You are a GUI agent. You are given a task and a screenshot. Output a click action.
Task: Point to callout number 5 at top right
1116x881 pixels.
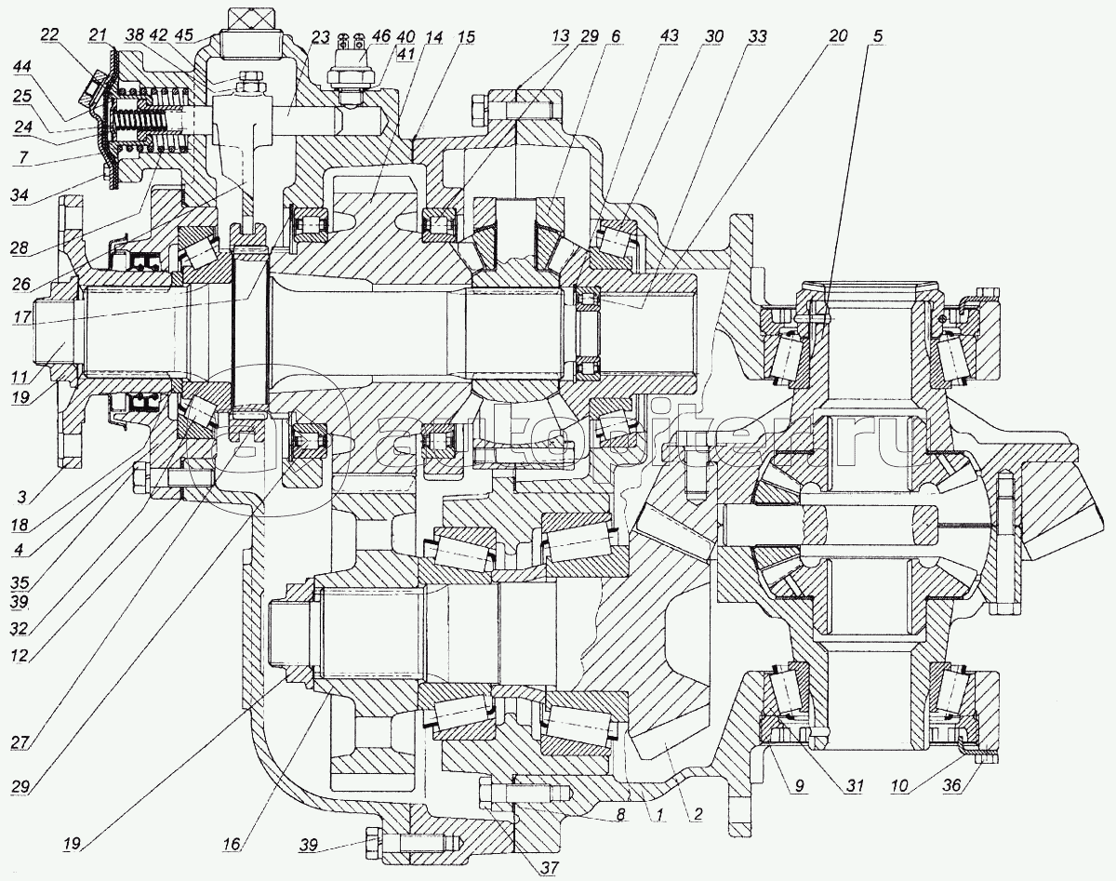pyautogui.click(x=879, y=37)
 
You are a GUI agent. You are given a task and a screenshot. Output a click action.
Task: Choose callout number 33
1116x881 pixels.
pyautogui.click(x=757, y=36)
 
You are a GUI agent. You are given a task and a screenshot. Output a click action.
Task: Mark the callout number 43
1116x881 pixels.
pyautogui.click(x=669, y=36)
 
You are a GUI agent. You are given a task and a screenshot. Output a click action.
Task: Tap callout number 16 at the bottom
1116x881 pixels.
pyautogui.click(x=232, y=843)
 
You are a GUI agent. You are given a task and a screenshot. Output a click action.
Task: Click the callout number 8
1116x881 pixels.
pyautogui.click(x=620, y=811)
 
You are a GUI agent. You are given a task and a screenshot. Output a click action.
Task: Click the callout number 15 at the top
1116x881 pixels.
pyautogui.click(x=466, y=36)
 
